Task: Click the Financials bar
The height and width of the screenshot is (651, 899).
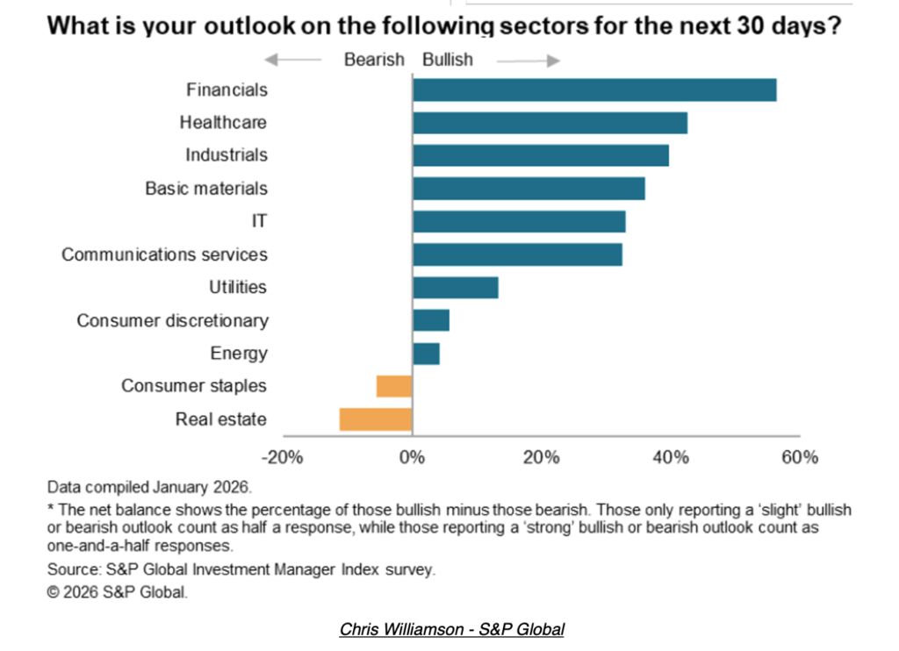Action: pos(594,89)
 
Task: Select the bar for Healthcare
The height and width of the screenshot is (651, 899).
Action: pos(550,123)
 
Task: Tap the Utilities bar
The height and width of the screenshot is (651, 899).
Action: pos(455,288)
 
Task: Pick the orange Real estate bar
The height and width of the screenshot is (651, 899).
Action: pos(376,419)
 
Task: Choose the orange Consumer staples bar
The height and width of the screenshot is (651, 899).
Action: pos(394,386)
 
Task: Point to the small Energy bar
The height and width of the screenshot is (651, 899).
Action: pos(426,354)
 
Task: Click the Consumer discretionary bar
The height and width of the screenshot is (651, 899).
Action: pos(430,320)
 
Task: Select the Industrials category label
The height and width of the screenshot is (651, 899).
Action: pos(227,155)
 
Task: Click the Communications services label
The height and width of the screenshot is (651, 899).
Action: pos(164,254)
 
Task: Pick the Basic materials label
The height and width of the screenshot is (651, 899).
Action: pos(206,189)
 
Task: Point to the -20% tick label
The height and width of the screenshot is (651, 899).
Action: pos(283,457)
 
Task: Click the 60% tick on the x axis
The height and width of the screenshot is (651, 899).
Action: pos(800,457)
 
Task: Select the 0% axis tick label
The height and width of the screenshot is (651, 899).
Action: pos(412,457)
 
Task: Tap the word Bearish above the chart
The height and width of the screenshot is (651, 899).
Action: pos(374,60)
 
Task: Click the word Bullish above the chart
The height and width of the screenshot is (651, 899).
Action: pos(447,60)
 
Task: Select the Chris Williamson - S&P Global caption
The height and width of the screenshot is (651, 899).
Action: pos(451,629)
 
